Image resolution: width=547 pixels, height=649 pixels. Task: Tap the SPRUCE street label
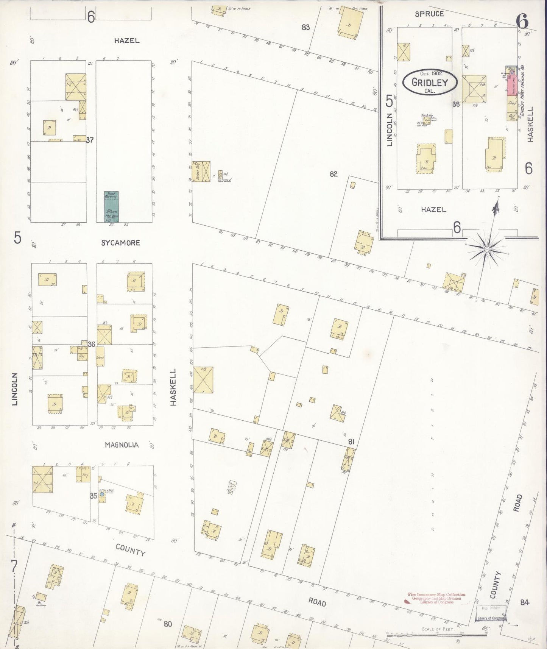click(429, 14)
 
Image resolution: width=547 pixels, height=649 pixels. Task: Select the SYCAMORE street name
click(121, 243)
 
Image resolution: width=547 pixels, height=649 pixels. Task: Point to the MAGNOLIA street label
click(122, 445)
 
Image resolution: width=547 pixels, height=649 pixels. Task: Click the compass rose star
click(486, 249)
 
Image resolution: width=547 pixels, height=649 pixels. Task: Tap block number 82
click(333, 174)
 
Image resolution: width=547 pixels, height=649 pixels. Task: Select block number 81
click(351, 442)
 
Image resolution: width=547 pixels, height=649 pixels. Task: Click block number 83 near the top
click(306, 27)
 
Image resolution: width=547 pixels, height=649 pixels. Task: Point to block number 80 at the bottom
click(168, 624)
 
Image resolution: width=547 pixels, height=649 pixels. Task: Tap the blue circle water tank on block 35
click(102, 495)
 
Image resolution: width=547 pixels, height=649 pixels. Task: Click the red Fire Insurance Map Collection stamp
click(436, 598)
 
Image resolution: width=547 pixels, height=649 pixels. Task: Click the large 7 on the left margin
click(14, 567)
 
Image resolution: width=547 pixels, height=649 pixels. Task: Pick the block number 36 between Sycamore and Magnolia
click(91, 344)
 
